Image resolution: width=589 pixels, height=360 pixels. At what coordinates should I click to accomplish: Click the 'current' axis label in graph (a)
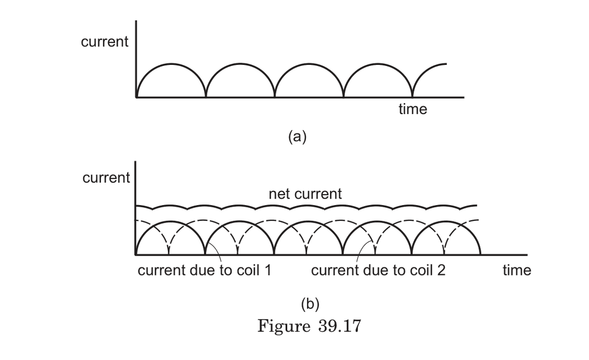[x=105, y=42]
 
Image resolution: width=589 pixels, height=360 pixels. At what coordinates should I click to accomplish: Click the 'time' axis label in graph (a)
[x=413, y=109]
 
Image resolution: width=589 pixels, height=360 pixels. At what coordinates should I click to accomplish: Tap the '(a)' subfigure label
[x=297, y=136]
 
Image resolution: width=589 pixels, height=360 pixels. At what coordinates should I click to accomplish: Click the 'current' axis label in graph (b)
[x=106, y=178]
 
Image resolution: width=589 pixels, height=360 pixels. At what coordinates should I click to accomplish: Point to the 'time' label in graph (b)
[x=516, y=270]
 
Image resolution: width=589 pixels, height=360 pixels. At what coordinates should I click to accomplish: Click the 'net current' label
[x=305, y=194]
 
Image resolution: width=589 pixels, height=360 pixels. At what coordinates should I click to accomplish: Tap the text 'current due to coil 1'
[x=204, y=270]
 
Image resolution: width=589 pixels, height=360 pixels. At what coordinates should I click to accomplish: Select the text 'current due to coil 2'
[x=378, y=270]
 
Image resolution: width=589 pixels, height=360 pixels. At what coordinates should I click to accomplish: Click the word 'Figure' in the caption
[x=283, y=326]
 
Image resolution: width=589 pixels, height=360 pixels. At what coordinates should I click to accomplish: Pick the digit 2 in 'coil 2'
[x=441, y=270]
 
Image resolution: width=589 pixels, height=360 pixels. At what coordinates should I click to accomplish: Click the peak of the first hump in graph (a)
[x=171, y=64]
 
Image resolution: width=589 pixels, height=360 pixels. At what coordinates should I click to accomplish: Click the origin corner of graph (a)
[x=136, y=97]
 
